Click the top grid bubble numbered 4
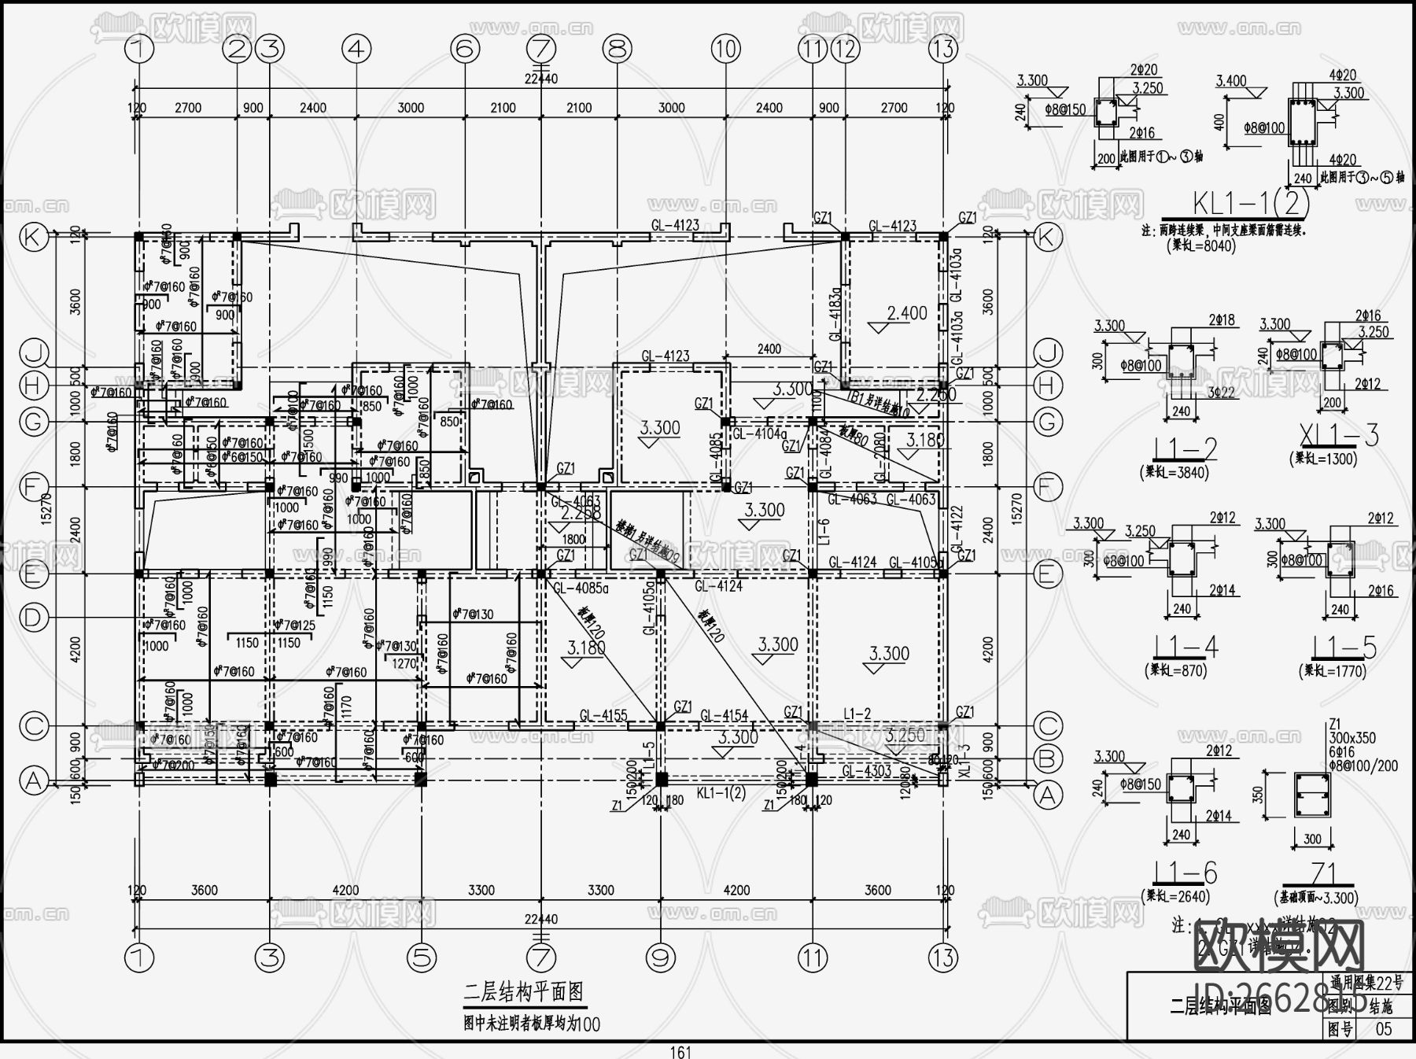point(356,50)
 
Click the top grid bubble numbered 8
point(617,50)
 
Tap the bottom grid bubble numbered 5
point(422,958)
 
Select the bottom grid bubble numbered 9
point(660,958)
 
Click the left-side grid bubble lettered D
point(33,618)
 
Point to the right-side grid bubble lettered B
point(1047,759)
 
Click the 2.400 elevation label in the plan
point(907,313)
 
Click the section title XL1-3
point(1334,436)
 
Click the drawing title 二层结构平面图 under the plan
point(524,992)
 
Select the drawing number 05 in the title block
point(1383,1029)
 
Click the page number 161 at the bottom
point(680,1052)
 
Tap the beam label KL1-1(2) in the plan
point(721,793)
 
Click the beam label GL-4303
point(866,772)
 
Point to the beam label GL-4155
point(603,716)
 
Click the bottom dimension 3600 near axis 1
point(205,890)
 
